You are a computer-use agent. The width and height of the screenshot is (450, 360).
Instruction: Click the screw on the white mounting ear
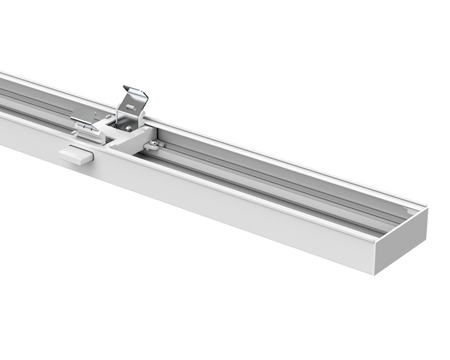[154, 142]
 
